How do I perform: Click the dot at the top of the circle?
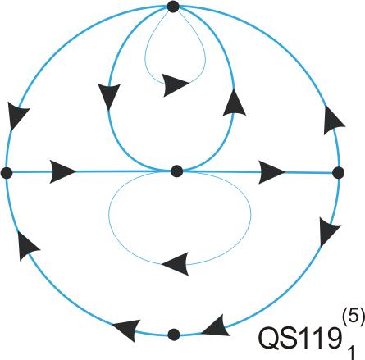coord(173,7)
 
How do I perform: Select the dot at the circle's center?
coord(177,171)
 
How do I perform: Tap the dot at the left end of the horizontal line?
coord(7,173)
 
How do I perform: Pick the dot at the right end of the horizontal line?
coord(339,173)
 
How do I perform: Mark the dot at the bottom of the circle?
coord(174,335)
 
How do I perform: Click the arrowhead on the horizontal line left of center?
coord(62,172)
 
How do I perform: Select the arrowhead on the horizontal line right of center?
coord(271,172)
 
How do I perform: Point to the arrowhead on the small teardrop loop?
coord(176,84)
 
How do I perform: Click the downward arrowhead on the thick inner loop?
coord(109,97)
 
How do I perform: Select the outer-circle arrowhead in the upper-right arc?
coord(333,121)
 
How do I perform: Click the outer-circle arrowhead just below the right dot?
coord(330,232)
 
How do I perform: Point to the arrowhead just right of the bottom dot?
coord(216,326)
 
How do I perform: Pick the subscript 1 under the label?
coord(351,352)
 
